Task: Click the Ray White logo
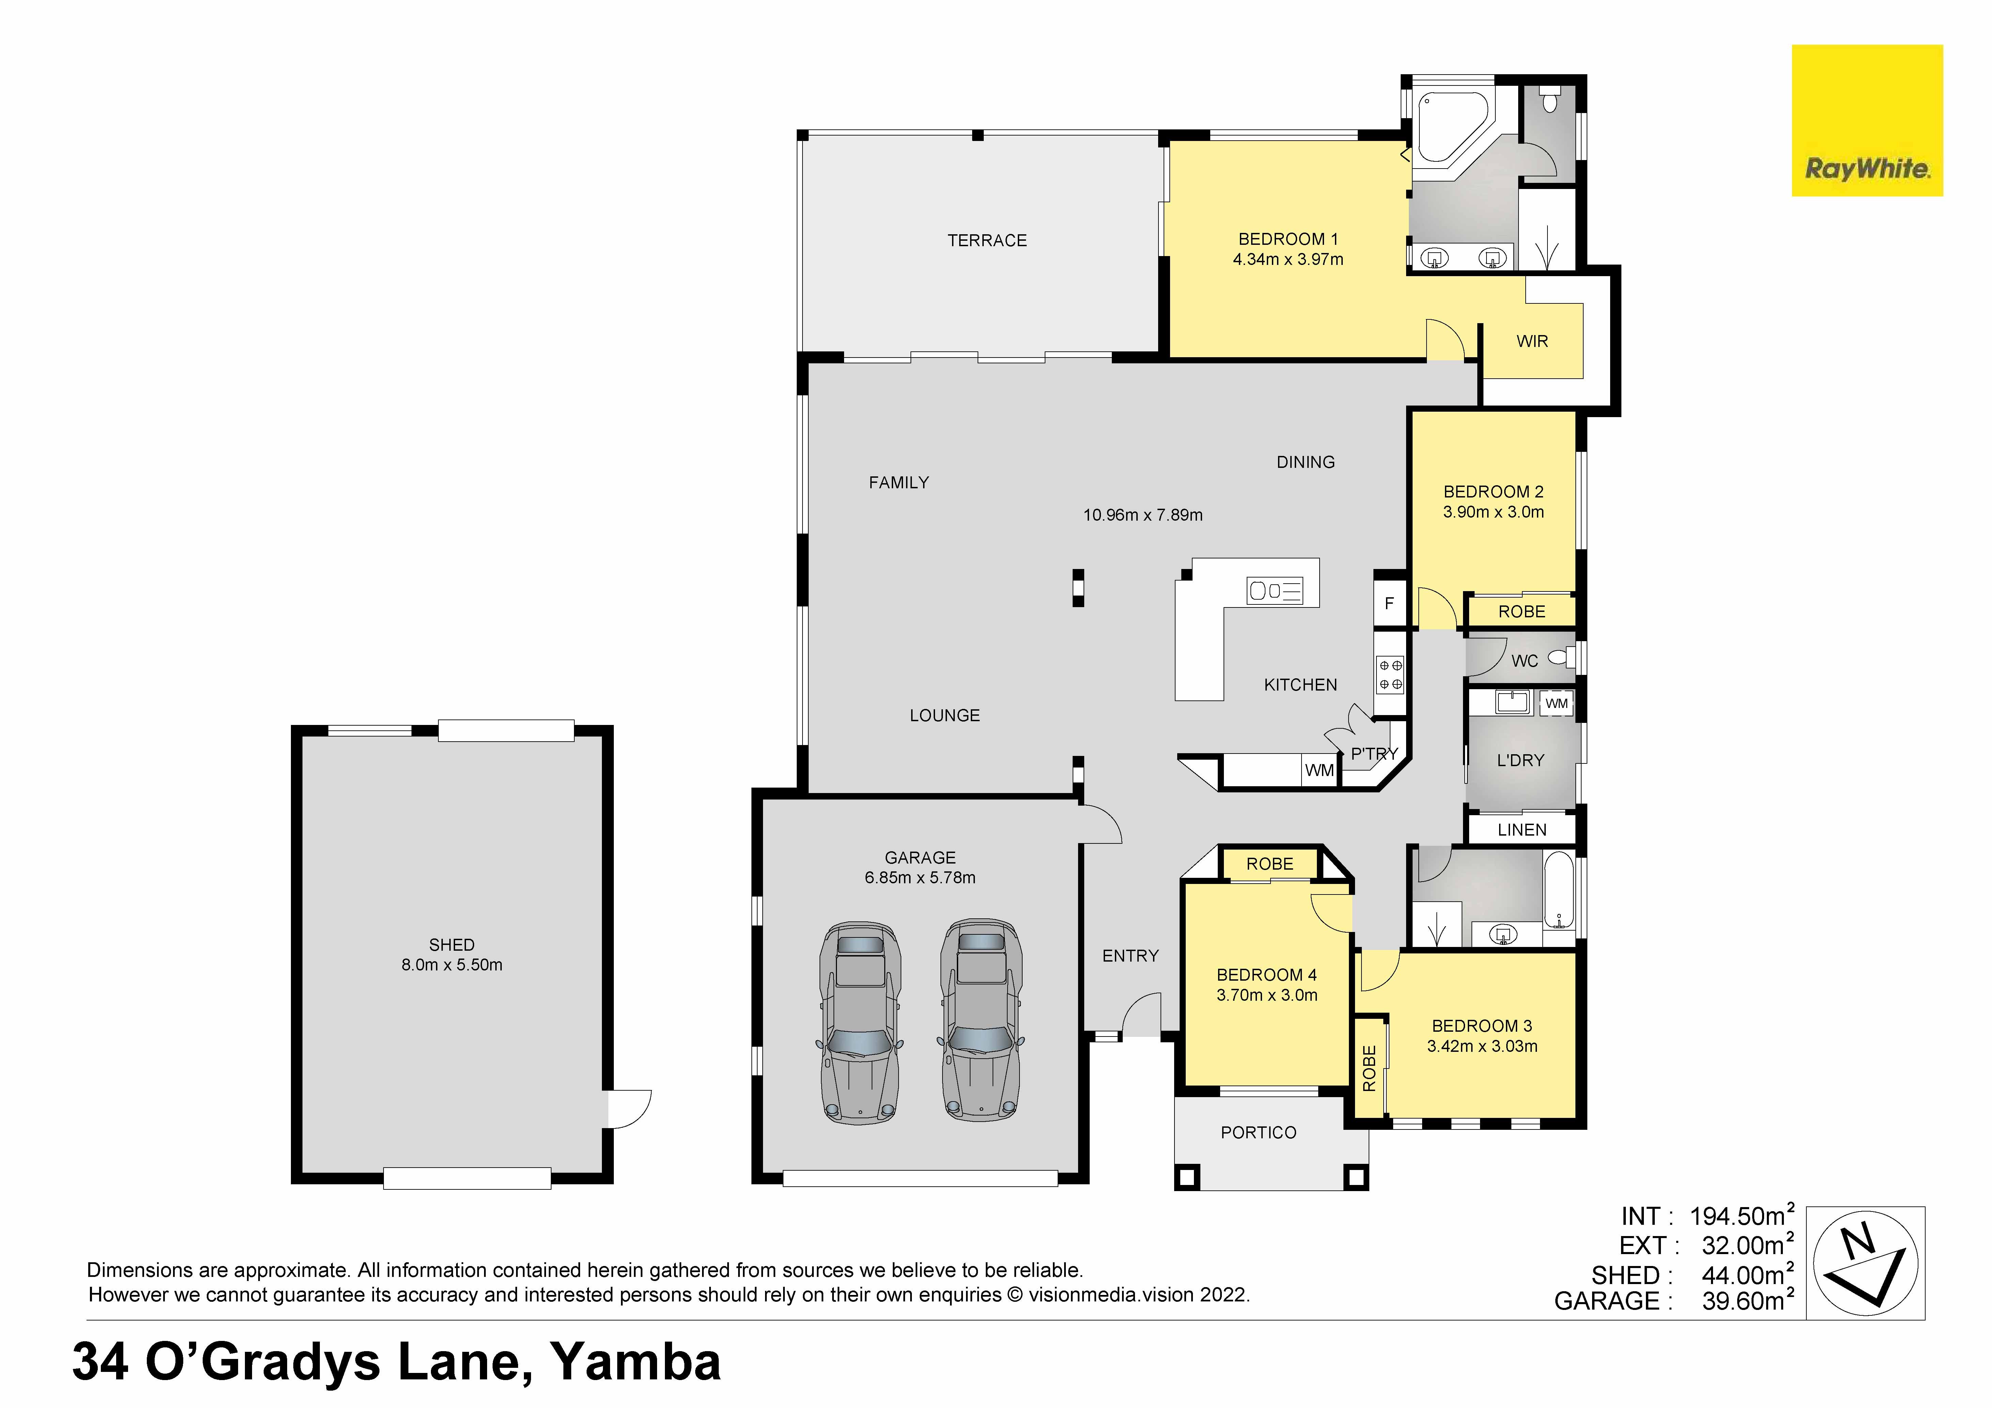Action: (x=1867, y=121)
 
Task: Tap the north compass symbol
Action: (x=1865, y=1263)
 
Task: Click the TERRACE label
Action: (x=987, y=240)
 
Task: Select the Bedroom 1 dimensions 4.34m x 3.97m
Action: (x=1288, y=259)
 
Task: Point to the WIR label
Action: (x=1532, y=341)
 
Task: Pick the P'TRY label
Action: (x=1374, y=754)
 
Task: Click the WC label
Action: (x=1524, y=661)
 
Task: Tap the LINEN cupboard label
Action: (x=1522, y=830)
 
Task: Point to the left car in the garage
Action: (x=860, y=1024)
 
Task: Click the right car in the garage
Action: (x=981, y=1021)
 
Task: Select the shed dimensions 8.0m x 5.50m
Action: (x=452, y=965)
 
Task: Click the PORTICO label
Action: (x=1258, y=1133)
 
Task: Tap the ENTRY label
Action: (x=1131, y=956)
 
